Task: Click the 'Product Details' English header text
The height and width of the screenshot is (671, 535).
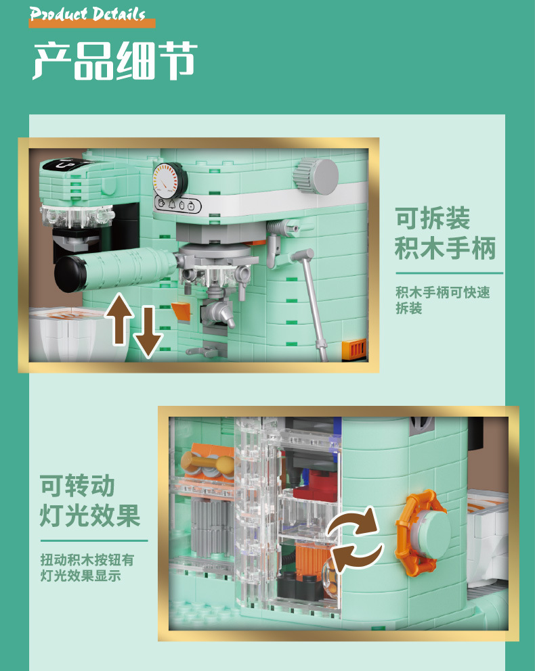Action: pos(87,14)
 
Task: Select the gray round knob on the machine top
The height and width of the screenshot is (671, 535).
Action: pos(316,175)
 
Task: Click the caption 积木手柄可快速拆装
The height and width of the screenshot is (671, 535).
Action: pos(442,300)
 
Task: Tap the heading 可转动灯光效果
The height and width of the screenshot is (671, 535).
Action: pos(90,501)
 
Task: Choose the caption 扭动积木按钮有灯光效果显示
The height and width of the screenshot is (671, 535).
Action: pos(87,568)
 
